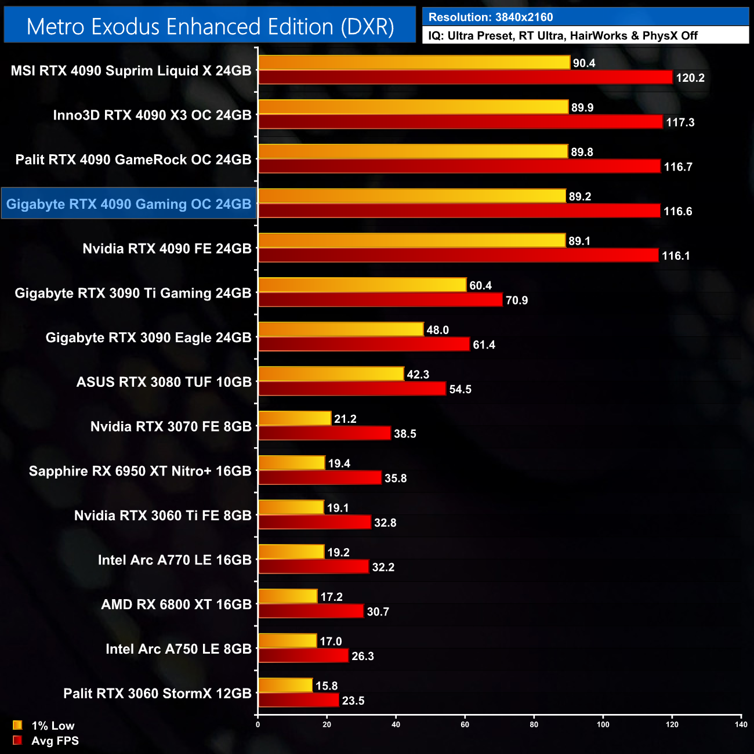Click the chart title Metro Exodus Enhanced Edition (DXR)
coord(210,27)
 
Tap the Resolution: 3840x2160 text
coord(491,17)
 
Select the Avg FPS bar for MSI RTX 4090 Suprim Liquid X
coord(465,77)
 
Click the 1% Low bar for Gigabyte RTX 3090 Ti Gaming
coord(362,285)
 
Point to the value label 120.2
coord(690,78)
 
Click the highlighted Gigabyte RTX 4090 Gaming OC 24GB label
coord(129,204)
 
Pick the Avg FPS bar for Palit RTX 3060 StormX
coord(299,700)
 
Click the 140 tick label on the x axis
coord(741,724)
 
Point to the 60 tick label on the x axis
coord(465,724)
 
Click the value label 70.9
coord(517,300)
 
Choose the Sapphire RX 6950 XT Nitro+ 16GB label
coord(140,471)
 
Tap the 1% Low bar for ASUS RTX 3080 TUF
coord(331,374)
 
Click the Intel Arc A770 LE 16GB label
coord(175,560)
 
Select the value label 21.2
coord(345,419)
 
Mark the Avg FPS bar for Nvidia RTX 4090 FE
coord(458,255)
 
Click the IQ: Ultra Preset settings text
coord(563,36)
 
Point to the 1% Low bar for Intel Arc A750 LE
coord(288,641)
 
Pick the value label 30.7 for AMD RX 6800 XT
coord(378,612)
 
